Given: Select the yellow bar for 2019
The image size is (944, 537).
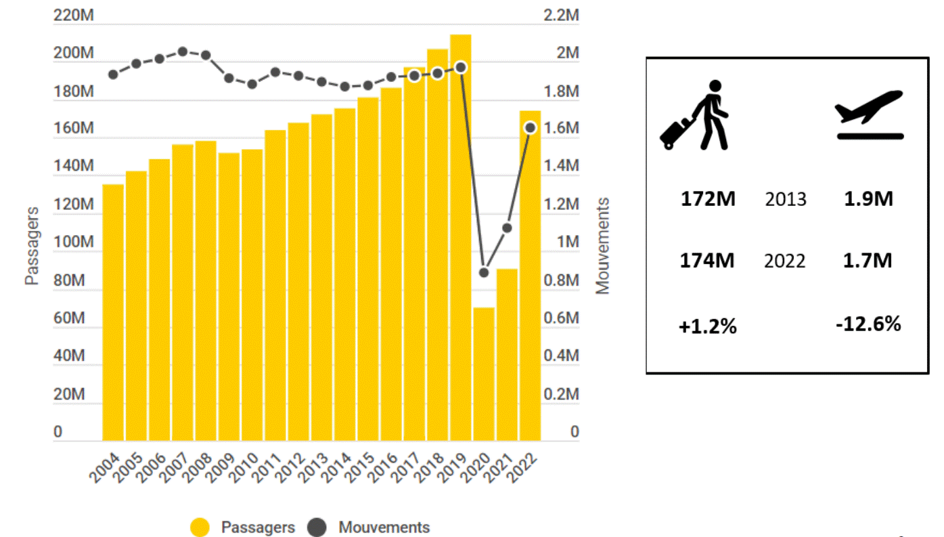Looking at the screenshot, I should click(460, 237).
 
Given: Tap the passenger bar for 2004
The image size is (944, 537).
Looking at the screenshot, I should click(113, 312).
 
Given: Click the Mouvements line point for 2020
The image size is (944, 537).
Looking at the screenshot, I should click(484, 273).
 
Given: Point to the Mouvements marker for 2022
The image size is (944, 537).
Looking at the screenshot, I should click(531, 127).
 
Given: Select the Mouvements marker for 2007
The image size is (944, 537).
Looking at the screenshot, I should click(183, 51).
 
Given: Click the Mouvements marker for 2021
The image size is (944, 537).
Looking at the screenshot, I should click(507, 228).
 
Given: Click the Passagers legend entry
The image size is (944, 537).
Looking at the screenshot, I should click(243, 528).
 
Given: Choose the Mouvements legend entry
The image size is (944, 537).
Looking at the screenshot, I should click(369, 528).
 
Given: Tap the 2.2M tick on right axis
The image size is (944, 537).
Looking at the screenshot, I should click(562, 15).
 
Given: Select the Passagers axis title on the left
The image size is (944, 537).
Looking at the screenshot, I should click(32, 245).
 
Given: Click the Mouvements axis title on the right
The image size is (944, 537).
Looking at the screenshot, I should click(602, 245).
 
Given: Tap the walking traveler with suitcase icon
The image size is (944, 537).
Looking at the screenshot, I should click(695, 115).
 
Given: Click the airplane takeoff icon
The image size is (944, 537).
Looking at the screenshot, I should click(870, 114).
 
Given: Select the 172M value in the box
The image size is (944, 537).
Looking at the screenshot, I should click(708, 199).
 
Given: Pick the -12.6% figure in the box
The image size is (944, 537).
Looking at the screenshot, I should click(868, 324).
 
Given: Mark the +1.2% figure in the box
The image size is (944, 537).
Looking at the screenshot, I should click(708, 326).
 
